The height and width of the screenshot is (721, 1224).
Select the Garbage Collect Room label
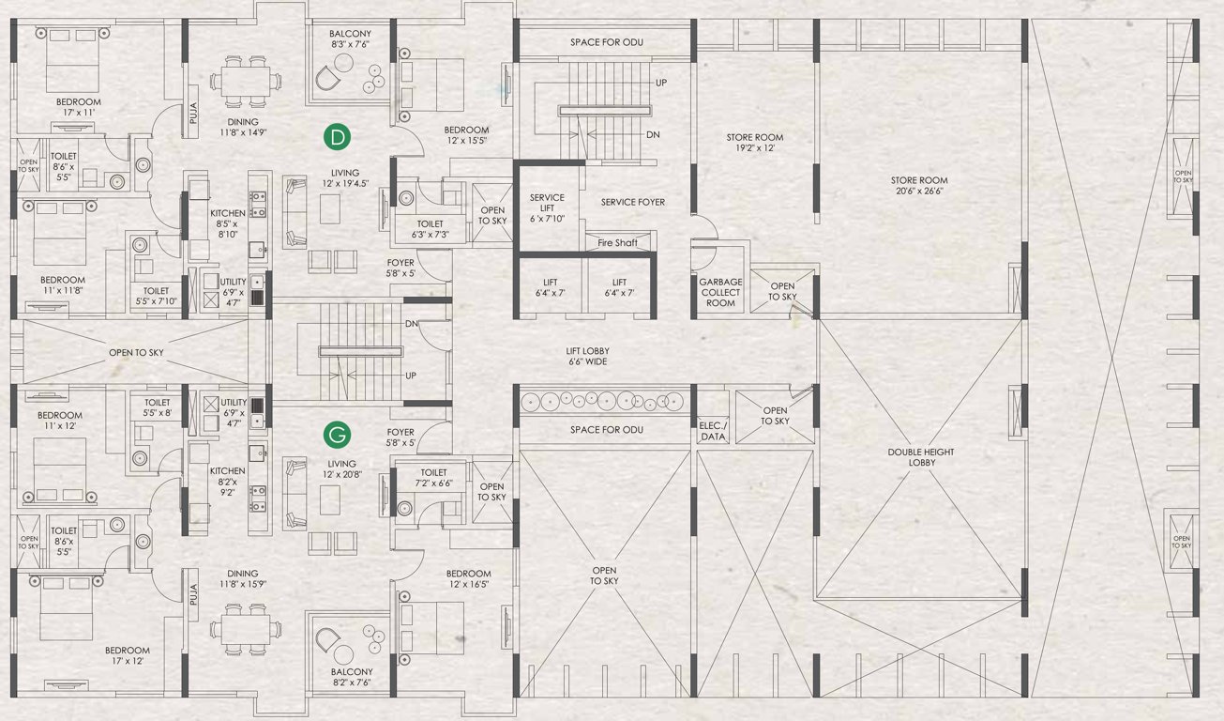(720, 292)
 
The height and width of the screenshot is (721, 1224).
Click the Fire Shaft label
(617, 243)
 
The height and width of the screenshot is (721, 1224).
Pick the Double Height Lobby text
(921, 458)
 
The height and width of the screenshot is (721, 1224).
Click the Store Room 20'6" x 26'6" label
(919, 186)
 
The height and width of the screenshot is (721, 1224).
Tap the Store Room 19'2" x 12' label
(755, 143)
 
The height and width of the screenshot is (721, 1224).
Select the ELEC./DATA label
(713, 431)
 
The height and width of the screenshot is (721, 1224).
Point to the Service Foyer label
(633, 202)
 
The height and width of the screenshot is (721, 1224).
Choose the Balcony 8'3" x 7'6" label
(351, 38)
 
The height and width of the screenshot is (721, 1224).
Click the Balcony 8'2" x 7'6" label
(352, 678)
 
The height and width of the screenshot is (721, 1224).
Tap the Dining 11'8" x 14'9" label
(243, 128)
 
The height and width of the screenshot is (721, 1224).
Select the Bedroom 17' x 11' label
(79, 107)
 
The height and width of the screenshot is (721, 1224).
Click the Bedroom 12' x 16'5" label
(468, 579)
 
